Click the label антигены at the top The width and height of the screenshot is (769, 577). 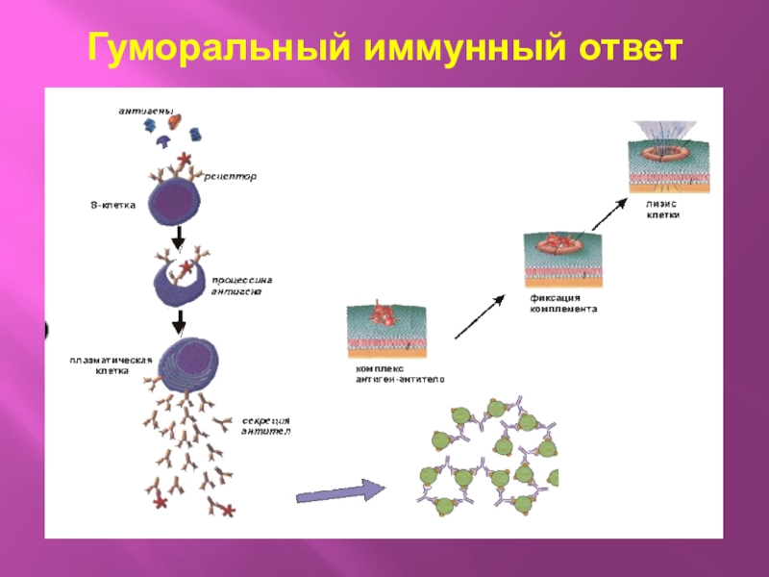(x=145, y=113)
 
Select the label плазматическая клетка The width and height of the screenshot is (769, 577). (x=112, y=364)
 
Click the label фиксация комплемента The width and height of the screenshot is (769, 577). (x=564, y=304)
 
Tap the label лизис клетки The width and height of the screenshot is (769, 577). (x=663, y=210)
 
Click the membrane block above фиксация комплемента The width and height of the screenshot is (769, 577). (x=563, y=259)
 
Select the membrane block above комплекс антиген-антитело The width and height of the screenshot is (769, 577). (x=388, y=328)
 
